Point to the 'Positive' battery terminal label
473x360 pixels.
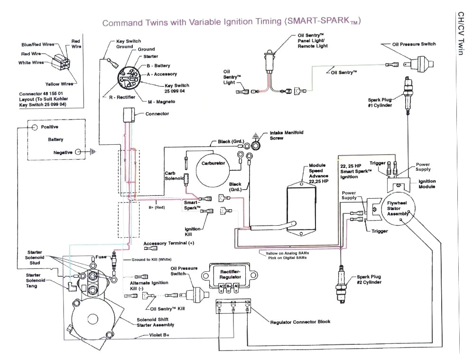(x=50, y=127)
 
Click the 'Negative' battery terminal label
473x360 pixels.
(x=63, y=152)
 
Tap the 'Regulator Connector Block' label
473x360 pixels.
(x=300, y=322)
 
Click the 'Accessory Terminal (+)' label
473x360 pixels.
(x=169, y=243)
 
